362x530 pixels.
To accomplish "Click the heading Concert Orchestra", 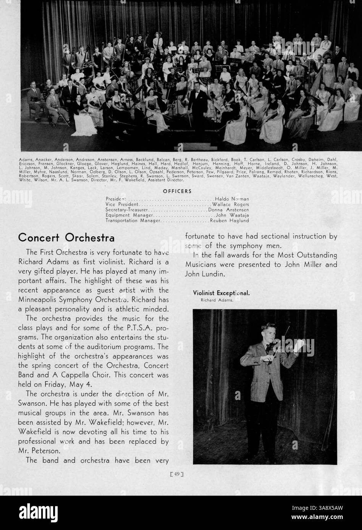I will click(66, 237).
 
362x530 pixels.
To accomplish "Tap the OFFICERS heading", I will click(177, 191).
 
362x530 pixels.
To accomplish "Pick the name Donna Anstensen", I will click(228, 210).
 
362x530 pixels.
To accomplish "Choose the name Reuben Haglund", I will click(229, 220).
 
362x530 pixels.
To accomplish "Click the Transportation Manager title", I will click(132, 220).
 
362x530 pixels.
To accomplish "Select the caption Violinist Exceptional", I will click(221, 293).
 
